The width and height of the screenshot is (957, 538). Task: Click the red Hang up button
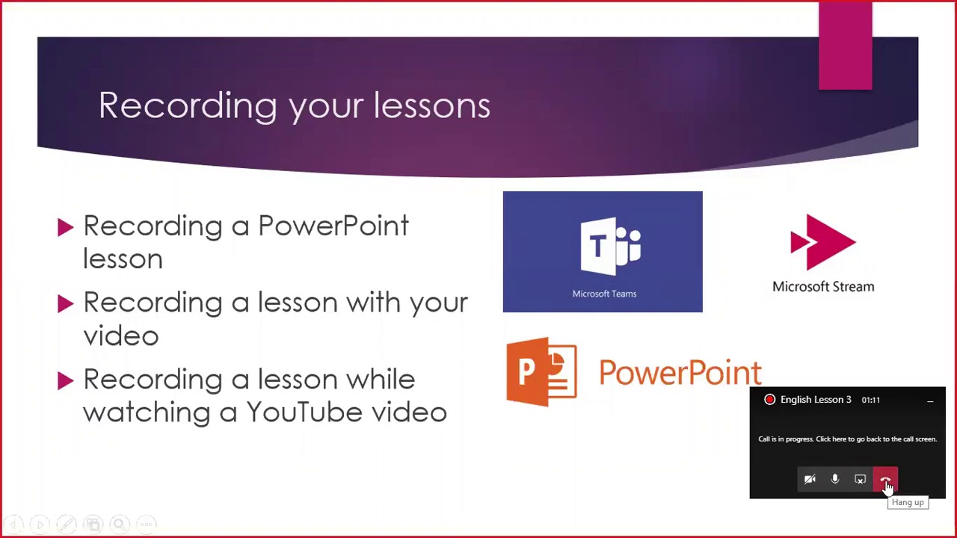[885, 480]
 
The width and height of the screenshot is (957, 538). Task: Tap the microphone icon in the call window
[835, 480]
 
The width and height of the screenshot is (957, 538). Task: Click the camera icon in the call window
[810, 480]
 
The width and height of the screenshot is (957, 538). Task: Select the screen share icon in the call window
[861, 480]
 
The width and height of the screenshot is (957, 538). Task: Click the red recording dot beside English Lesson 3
[769, 400]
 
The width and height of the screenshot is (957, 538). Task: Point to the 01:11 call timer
[870, 400]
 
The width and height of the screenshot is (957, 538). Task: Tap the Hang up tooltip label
[908, 503]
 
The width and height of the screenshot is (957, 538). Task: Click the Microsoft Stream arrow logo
[823, 242]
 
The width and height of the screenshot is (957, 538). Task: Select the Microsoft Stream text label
[823, 286]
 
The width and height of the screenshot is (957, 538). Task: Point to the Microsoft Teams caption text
[604, 294]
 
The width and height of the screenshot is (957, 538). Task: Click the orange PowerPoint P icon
[541, 371]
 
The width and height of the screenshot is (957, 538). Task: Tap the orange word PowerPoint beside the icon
[680, 373]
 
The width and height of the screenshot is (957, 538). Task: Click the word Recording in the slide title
[188, 105]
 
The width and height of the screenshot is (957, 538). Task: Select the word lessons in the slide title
[431, 105]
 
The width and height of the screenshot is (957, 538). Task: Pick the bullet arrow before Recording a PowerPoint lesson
[65, 227]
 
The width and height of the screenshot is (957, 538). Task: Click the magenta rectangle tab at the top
[845, 46]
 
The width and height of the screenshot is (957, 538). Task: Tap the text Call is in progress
[785, 439]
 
